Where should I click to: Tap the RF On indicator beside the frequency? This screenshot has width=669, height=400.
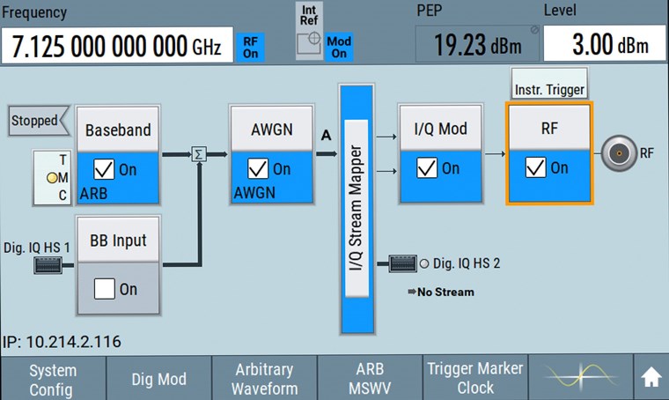251,46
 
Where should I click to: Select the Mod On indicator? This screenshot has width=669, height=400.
338,48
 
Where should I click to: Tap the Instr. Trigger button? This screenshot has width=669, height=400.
549,89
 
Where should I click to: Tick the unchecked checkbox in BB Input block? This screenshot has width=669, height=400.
106,288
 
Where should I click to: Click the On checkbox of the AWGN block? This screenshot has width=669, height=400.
259,168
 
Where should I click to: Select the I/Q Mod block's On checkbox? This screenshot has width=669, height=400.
428,167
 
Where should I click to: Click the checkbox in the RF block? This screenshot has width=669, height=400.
536,167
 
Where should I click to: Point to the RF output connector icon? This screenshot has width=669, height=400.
620,153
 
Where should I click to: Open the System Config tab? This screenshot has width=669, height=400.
53,379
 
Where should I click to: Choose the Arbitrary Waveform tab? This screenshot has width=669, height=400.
264,379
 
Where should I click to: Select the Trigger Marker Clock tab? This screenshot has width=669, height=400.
475,379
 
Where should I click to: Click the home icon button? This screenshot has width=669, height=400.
651,378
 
